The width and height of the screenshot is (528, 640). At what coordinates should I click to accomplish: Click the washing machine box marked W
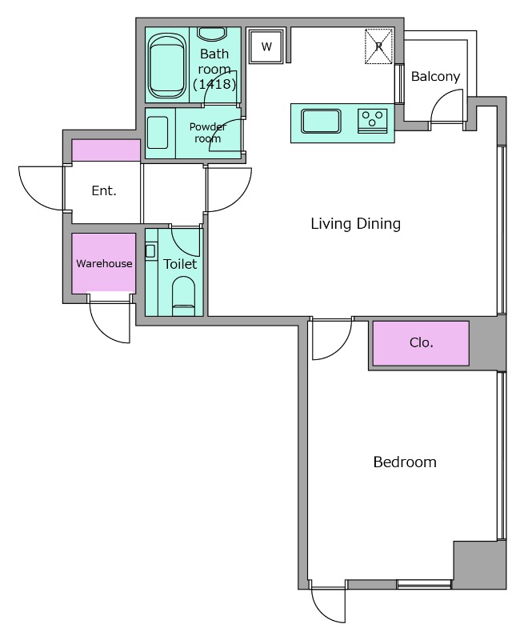click(266, 46)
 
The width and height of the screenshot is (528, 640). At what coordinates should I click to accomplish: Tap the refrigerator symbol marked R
click(379, 46)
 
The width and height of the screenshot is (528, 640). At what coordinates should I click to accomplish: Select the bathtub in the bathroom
click(166, 66)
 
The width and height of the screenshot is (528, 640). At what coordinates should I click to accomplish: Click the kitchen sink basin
click(321, 122)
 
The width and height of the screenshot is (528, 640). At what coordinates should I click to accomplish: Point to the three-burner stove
click(372, 122)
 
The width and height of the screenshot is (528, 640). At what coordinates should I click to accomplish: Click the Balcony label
click(435, 76)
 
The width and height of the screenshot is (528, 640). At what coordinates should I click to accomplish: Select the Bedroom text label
click(405, 462)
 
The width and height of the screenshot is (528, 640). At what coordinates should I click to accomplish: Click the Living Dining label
click(355, 224)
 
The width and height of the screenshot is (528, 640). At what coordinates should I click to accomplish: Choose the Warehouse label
click(104, 264)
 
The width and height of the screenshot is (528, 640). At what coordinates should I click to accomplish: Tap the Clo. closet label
click(421, 342)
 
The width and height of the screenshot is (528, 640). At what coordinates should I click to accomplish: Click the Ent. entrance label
click(104, 190)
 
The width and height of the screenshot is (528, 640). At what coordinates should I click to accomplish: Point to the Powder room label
click(208, 133)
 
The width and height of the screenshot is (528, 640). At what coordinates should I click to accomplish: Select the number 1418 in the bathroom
click(214, 84)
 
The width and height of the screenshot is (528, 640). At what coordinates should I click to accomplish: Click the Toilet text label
click(180, 264)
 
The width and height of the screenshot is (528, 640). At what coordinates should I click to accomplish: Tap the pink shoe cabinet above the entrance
click(106, 150)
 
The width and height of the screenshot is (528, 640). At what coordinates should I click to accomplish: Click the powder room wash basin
click(158, 133)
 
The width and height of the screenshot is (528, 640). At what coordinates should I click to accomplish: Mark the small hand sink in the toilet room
click(150, 250)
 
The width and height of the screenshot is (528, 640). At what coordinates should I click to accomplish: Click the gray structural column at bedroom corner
click(480, 565)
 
